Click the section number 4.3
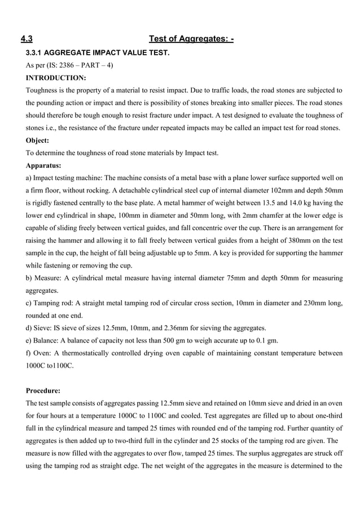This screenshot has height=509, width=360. click(x=26, y=39)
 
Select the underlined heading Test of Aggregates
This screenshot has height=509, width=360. click(x=191, y=39)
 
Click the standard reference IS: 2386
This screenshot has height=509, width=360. click(x=67, y=65)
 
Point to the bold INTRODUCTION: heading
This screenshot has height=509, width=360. click(x=56, y=77)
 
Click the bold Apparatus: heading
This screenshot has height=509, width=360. click(x=44, y=166)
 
